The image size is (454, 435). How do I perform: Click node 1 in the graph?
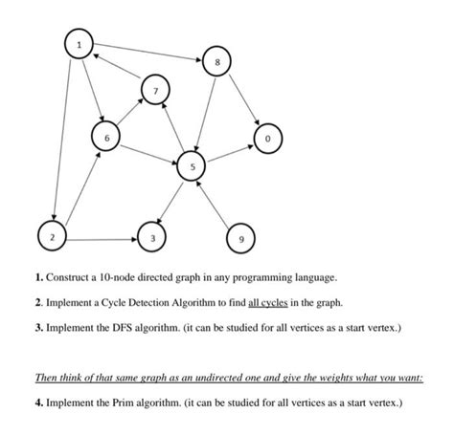coord(79,44)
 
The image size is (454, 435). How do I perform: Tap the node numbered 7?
coord(153,91)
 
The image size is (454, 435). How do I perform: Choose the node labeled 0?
coord(268,139)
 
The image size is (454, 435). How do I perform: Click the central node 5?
coord(193,167)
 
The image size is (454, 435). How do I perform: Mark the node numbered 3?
coord(150,234)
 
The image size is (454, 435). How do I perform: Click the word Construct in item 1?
coord(71,277)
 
